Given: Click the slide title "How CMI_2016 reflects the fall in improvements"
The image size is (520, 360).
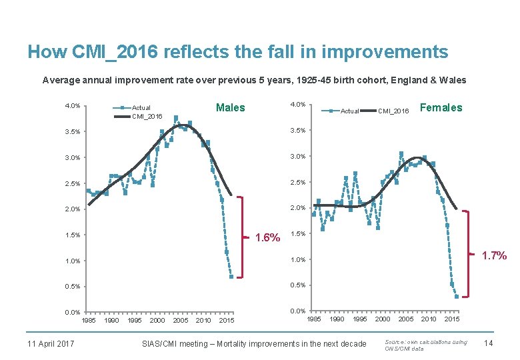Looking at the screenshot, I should [x=237, y=52].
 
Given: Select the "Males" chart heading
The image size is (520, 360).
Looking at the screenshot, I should [x=230, y=107].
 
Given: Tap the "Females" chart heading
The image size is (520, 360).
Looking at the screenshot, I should [x=441, y=107].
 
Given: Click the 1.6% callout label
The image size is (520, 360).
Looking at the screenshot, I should [x=269, y=237].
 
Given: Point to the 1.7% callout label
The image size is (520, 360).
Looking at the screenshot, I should [x=494, y=255].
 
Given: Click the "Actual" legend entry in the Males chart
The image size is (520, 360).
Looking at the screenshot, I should [x=141, y=107].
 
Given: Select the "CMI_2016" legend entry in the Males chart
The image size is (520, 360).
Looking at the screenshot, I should [x=146, y=116].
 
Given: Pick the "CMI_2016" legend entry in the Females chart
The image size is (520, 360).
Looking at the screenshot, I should [x=393, y=111].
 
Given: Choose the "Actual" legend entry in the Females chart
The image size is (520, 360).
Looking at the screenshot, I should [x=349, y=111].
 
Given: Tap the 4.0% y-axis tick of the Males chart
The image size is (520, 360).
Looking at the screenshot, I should [x=72, y=105].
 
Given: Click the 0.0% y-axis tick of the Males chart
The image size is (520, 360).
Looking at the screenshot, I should [x=72, y=312].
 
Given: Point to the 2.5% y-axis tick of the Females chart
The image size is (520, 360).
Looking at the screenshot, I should [x=298, y=183].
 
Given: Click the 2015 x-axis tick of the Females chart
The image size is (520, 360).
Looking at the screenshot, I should [x=452, y=319].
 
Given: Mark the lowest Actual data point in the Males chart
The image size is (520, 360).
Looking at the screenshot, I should [x=231, y=277].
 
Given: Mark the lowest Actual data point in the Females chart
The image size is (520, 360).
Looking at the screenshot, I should [x=457, y=297].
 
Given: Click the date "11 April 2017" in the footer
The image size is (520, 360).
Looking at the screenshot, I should [x=51, y=343].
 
